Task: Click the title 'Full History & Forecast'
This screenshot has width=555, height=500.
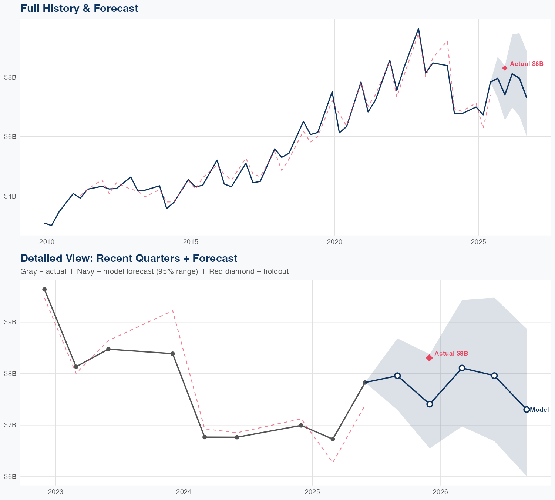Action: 79,8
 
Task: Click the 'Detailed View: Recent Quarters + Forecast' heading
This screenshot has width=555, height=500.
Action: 129,258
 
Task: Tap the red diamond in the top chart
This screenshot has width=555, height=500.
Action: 505,68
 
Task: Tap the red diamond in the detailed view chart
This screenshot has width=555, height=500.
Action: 429,358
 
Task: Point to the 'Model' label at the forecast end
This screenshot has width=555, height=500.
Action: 539,410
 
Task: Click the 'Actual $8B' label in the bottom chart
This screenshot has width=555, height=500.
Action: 451,353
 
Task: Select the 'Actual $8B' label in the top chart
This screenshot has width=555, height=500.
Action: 527,64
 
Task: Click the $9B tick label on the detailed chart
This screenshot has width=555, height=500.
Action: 10,322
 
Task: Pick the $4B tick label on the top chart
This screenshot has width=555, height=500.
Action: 10,196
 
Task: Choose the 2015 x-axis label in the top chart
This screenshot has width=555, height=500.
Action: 191,242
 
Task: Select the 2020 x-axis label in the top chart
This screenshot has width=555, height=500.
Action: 334,242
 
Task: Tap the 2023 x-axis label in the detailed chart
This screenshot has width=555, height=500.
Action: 55,492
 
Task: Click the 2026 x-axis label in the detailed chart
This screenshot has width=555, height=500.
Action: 440,492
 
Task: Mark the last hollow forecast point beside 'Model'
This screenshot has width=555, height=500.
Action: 527,409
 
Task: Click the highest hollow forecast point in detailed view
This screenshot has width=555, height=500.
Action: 462,368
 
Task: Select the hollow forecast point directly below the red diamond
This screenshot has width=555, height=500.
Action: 430,404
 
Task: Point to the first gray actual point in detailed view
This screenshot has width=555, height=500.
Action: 44,289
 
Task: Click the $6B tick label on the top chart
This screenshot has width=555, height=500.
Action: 10,137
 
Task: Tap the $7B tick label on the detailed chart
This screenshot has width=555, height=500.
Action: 10,425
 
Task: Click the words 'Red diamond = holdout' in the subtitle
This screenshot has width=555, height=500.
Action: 249,271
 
